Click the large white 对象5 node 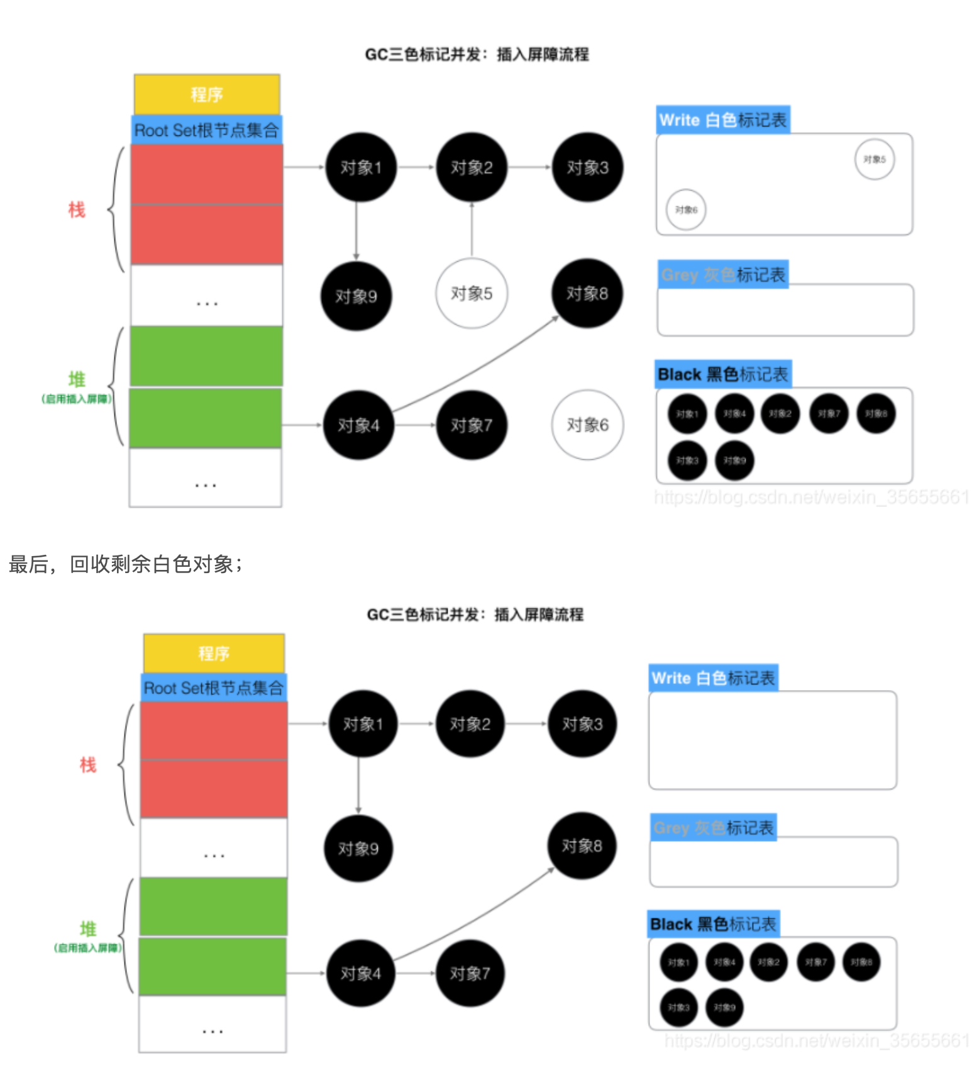pos(472,293)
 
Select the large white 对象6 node pos(587,425)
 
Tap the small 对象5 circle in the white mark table pos(874,160)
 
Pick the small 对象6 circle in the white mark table pos(686,209)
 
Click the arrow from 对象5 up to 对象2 pos(472,230)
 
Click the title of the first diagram pos(477,55)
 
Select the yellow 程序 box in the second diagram pos(214,654)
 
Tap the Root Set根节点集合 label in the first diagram pos(206,130)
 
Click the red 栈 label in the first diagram pos(77,209)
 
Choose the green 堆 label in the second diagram pos(88,929)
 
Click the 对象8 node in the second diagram pos(582,846)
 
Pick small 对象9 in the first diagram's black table pos(734,460)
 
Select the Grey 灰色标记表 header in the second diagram pos(713,828)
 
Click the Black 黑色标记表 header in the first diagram pos(722,374)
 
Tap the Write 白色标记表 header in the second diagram pos(713,678)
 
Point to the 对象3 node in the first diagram pos(587,167)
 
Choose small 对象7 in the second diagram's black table pos(815,962)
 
